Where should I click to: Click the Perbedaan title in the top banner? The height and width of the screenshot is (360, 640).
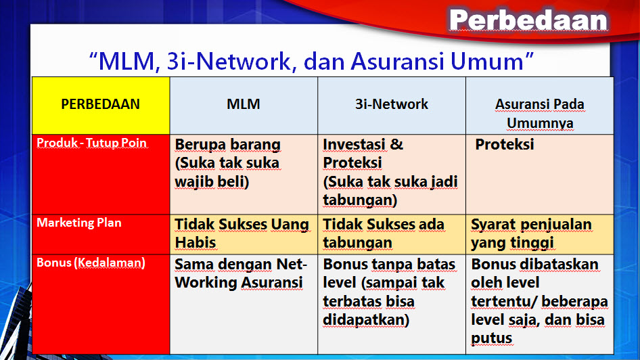click(x=528, y=20)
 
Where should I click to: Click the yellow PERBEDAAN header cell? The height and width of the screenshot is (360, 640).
click(x=100, y=104)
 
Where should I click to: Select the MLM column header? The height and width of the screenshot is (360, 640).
click(x=244, y=104)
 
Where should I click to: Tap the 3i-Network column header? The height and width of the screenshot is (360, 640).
click(x=392, y=104)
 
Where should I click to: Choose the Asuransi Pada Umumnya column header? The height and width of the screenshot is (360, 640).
click(x=539, y=114)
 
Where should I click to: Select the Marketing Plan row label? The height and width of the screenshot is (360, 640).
click(x=79, y=223)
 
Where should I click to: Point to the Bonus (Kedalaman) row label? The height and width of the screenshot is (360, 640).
click(x=91, y=263)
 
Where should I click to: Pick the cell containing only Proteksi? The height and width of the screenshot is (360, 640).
click(x=505, y=145)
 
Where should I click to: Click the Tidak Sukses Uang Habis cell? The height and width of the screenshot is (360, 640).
click(x=242, y=233)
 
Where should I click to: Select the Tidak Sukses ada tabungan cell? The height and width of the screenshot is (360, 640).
click(x=384, y=233)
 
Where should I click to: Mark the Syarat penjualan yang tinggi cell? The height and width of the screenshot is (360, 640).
click(x=531, y=233)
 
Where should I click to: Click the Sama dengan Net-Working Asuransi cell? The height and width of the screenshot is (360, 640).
click(x=241, y=273)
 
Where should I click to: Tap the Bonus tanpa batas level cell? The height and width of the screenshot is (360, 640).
click(x=389, y=292)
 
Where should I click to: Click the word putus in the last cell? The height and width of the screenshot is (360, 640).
click(x=491, y=338)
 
